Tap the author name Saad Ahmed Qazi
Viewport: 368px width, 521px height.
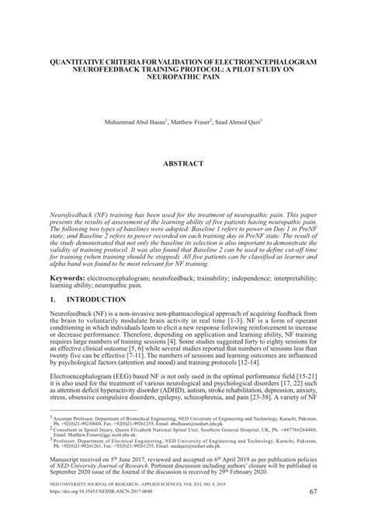click(239, 123)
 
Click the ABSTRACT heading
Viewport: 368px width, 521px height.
click(183, 164)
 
